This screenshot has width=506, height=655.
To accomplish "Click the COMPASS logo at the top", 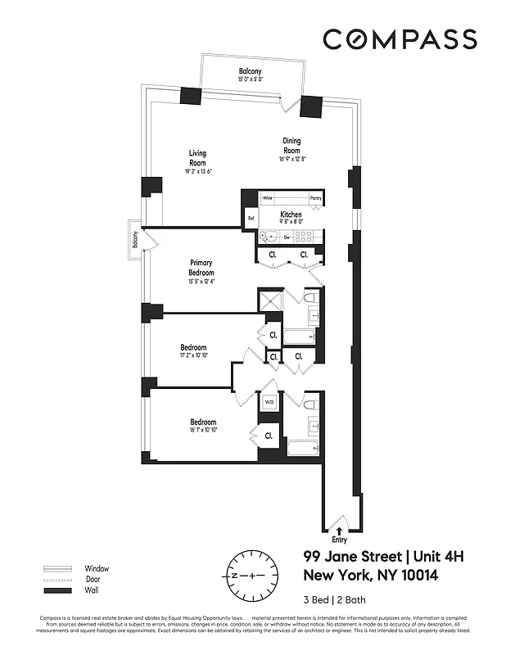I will coord(400,39).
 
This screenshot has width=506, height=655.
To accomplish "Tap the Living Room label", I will coord(197,158).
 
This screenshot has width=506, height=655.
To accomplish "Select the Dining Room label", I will coord(291,145).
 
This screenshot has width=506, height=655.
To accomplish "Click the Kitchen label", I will coord(291,215).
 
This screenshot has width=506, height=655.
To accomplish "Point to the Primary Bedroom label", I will coord(201,268).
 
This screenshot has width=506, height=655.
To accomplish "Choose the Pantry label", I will coord(315,198).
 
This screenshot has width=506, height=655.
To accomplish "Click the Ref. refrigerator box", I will coord(251,219).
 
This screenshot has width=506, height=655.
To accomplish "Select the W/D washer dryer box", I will coord(269,401).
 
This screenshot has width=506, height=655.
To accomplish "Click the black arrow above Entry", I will coord(339,531).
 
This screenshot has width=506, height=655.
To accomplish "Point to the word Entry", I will coord(339,540).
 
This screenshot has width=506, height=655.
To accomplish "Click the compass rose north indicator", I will coord(234,576).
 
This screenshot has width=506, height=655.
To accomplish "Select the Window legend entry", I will coord(96,568).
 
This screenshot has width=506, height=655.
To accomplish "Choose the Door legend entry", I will coord(93,579).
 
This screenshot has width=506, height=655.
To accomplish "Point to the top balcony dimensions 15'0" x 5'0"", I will coord(250,80).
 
